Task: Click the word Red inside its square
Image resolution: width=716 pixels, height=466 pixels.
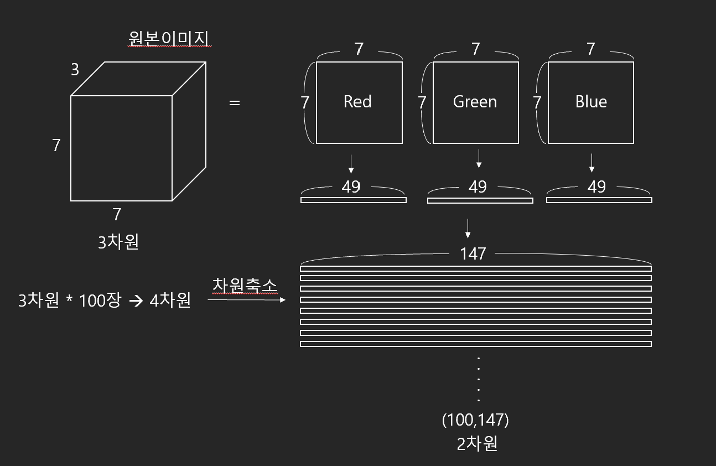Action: [x=357, y=102]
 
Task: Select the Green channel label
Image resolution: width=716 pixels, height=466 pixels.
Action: [x=475, y=102]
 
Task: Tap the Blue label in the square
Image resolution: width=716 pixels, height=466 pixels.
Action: [x=591, y=102]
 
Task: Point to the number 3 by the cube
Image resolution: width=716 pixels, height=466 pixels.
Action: [x=75, y=70]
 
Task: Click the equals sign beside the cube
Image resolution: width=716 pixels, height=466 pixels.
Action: [x=235, y=103]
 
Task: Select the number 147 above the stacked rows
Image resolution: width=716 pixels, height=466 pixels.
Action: [x=473, y=254]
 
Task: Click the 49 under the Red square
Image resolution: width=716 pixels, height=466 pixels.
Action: [x=351, y=187]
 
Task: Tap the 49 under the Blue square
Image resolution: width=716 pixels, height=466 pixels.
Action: [x=596, y=187]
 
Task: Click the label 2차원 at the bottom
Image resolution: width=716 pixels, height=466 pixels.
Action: [x=477, y=444]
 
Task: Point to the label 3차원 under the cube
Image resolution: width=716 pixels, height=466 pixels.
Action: [x=118, y=242]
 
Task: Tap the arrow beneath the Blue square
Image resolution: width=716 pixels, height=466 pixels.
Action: [x=592, y=163]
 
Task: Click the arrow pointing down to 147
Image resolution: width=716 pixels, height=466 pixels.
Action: [x=468, y=228]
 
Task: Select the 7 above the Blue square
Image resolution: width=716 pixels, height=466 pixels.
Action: [x=591, y=49]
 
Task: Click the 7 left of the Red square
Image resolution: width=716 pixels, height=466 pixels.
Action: [x=304, y=102]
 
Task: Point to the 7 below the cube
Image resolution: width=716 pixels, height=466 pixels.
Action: [x=117, y=214]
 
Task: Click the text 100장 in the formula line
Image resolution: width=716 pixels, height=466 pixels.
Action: [x=100, y=301]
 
